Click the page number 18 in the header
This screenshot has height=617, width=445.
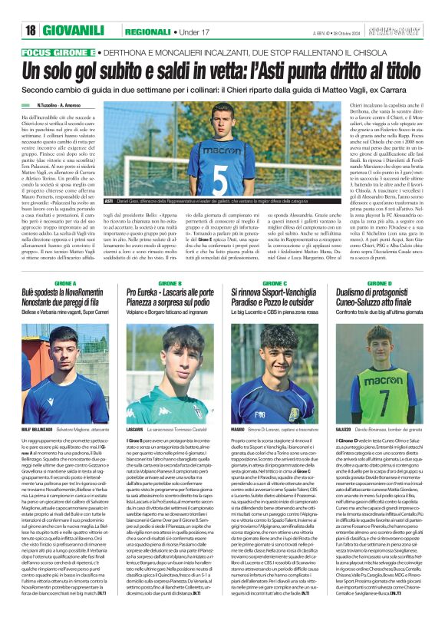[x=31, y=30]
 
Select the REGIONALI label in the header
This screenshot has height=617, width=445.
[x=149, y=30]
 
